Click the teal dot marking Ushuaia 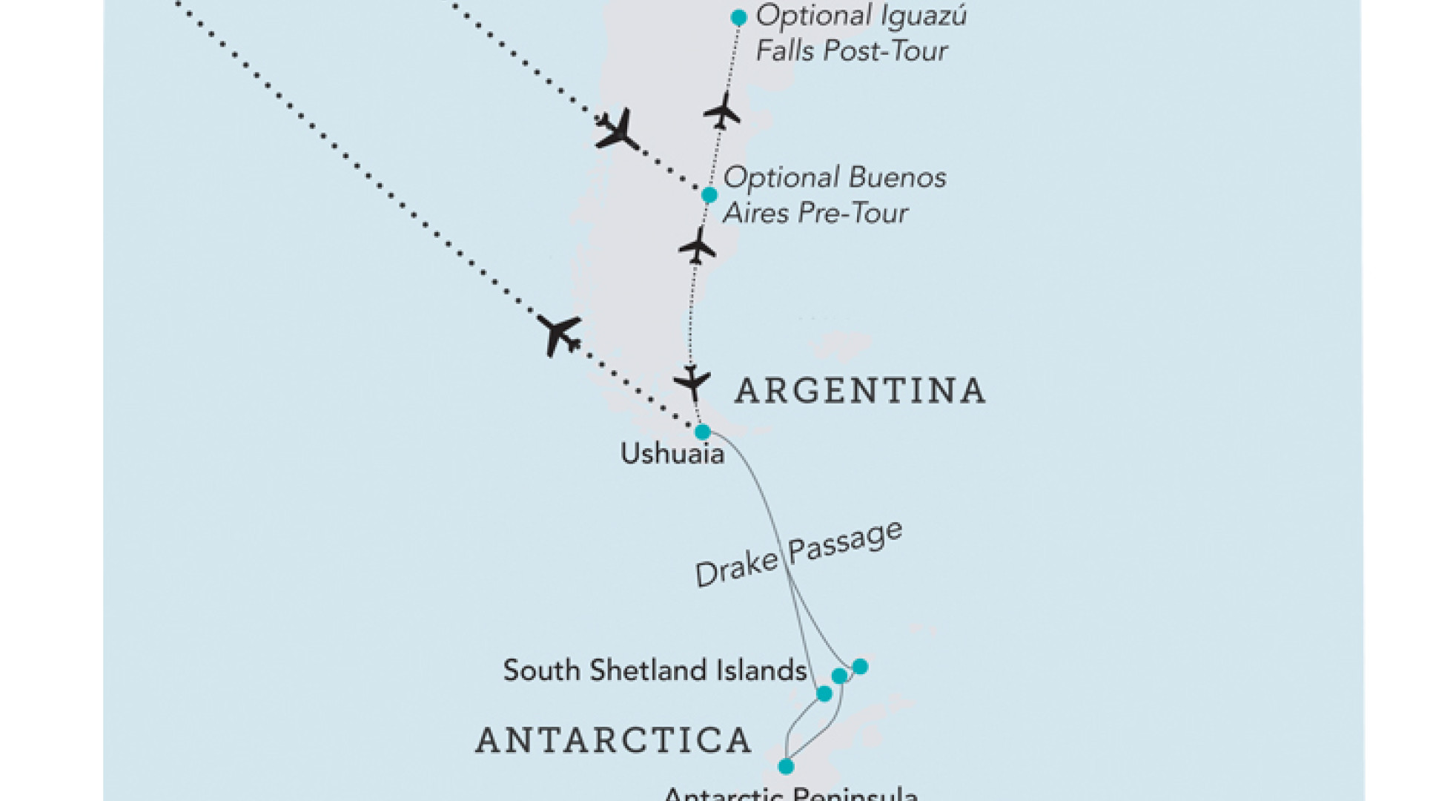point(702,432)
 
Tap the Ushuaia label point(672,454)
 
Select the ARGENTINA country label point(860,391)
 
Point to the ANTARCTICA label point(614,740)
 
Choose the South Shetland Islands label point(655,670)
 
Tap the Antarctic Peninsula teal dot point(786,766)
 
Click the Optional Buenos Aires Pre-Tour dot point(709,195)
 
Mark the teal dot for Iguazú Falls point(738,17)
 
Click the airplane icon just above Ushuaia point(692,383)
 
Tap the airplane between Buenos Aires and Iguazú point(722,112)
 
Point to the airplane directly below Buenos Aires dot point(697,246)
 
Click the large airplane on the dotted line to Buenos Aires point(617,130)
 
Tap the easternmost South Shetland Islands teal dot point(859,667)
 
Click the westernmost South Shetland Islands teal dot point(824,693)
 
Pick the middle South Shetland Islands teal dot point(839,676)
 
